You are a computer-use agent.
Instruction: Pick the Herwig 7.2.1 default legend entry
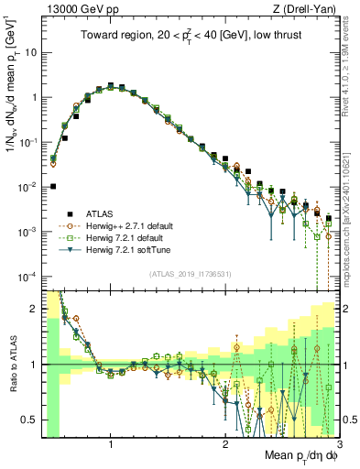pos(119,236)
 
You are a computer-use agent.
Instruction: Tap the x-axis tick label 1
pos(111,444)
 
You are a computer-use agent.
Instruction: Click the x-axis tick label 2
pos(225,444)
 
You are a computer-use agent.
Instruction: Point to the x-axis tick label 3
pos(338,444)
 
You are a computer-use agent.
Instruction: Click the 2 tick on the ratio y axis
pos(33,308)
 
